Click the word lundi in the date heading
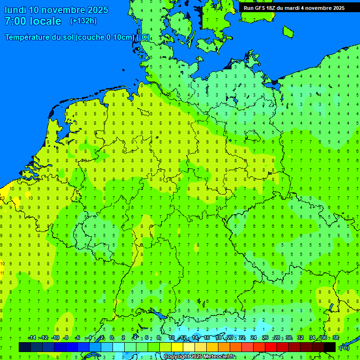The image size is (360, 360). pos(15,10)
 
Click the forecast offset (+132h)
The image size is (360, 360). pos(83,21)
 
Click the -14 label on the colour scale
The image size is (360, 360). pos(32,338)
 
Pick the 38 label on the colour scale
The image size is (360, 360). pos(336,338)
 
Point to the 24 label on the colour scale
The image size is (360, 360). pos(254,338)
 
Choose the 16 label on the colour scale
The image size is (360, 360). pos(207,338)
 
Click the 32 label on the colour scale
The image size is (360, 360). pos(300,338)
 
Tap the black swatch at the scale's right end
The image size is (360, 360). pos(330,347)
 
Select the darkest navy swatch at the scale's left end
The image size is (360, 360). pos(25,347)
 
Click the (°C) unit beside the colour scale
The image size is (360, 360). pos(344,347)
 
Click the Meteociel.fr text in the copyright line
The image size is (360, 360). pos(216,357)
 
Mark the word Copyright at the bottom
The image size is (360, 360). pos(177,357)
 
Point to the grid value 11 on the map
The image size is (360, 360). pos(2,272)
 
